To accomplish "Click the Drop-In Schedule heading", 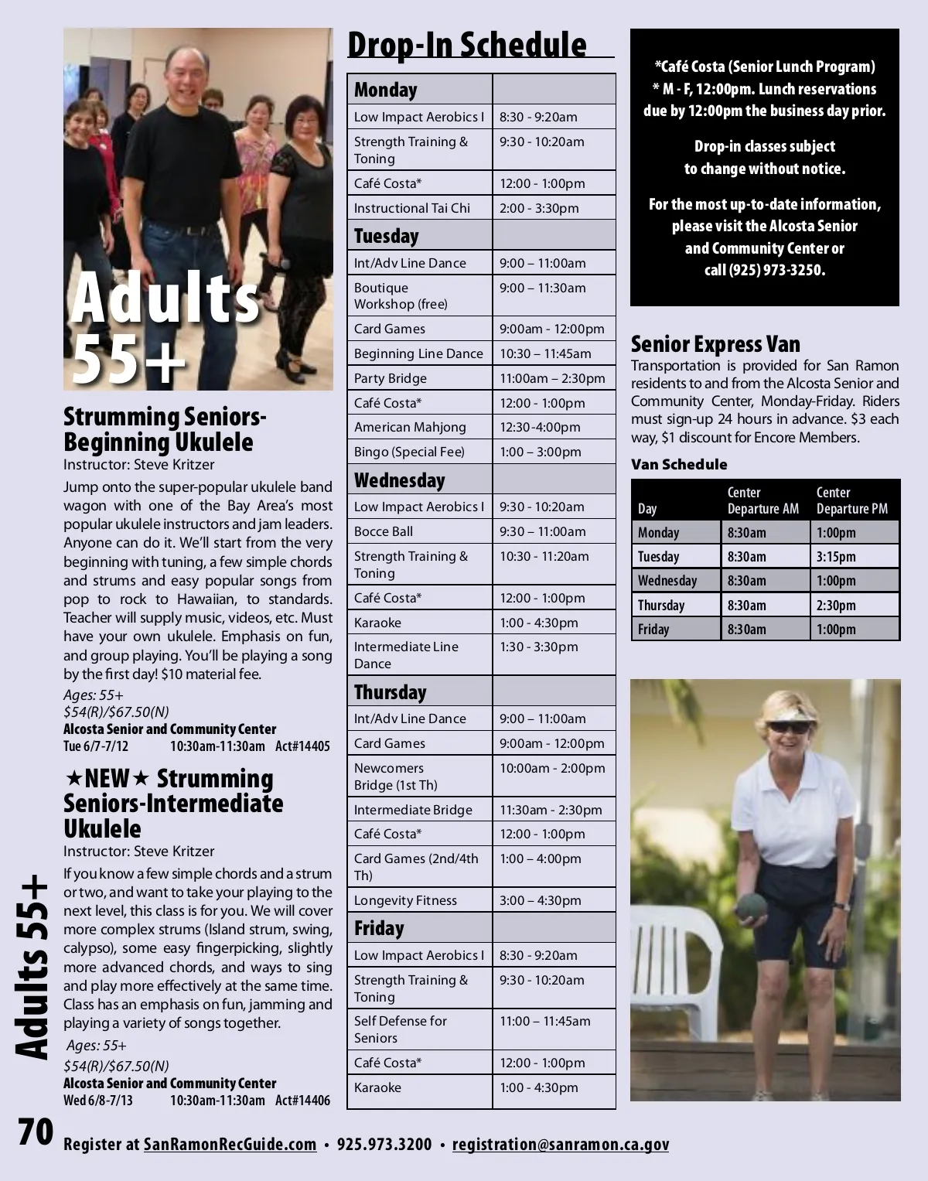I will (467, 45).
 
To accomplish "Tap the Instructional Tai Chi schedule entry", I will (412, 208).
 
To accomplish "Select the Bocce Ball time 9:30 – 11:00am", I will (542, 531).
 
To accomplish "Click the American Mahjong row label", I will (410, 427).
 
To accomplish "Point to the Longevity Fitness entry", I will (405, 900).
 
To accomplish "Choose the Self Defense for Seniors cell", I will (401, 1029).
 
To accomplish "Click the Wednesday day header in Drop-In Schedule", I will (400, 480).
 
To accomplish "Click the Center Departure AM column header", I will (763, 500).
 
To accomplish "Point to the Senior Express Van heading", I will (715, 343).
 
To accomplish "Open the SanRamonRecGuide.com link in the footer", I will (230, 1144).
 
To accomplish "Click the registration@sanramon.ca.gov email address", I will (561, 1144).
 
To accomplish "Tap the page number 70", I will (36, 1132).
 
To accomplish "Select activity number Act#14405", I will (302, 746).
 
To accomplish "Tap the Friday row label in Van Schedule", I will (653, 629).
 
